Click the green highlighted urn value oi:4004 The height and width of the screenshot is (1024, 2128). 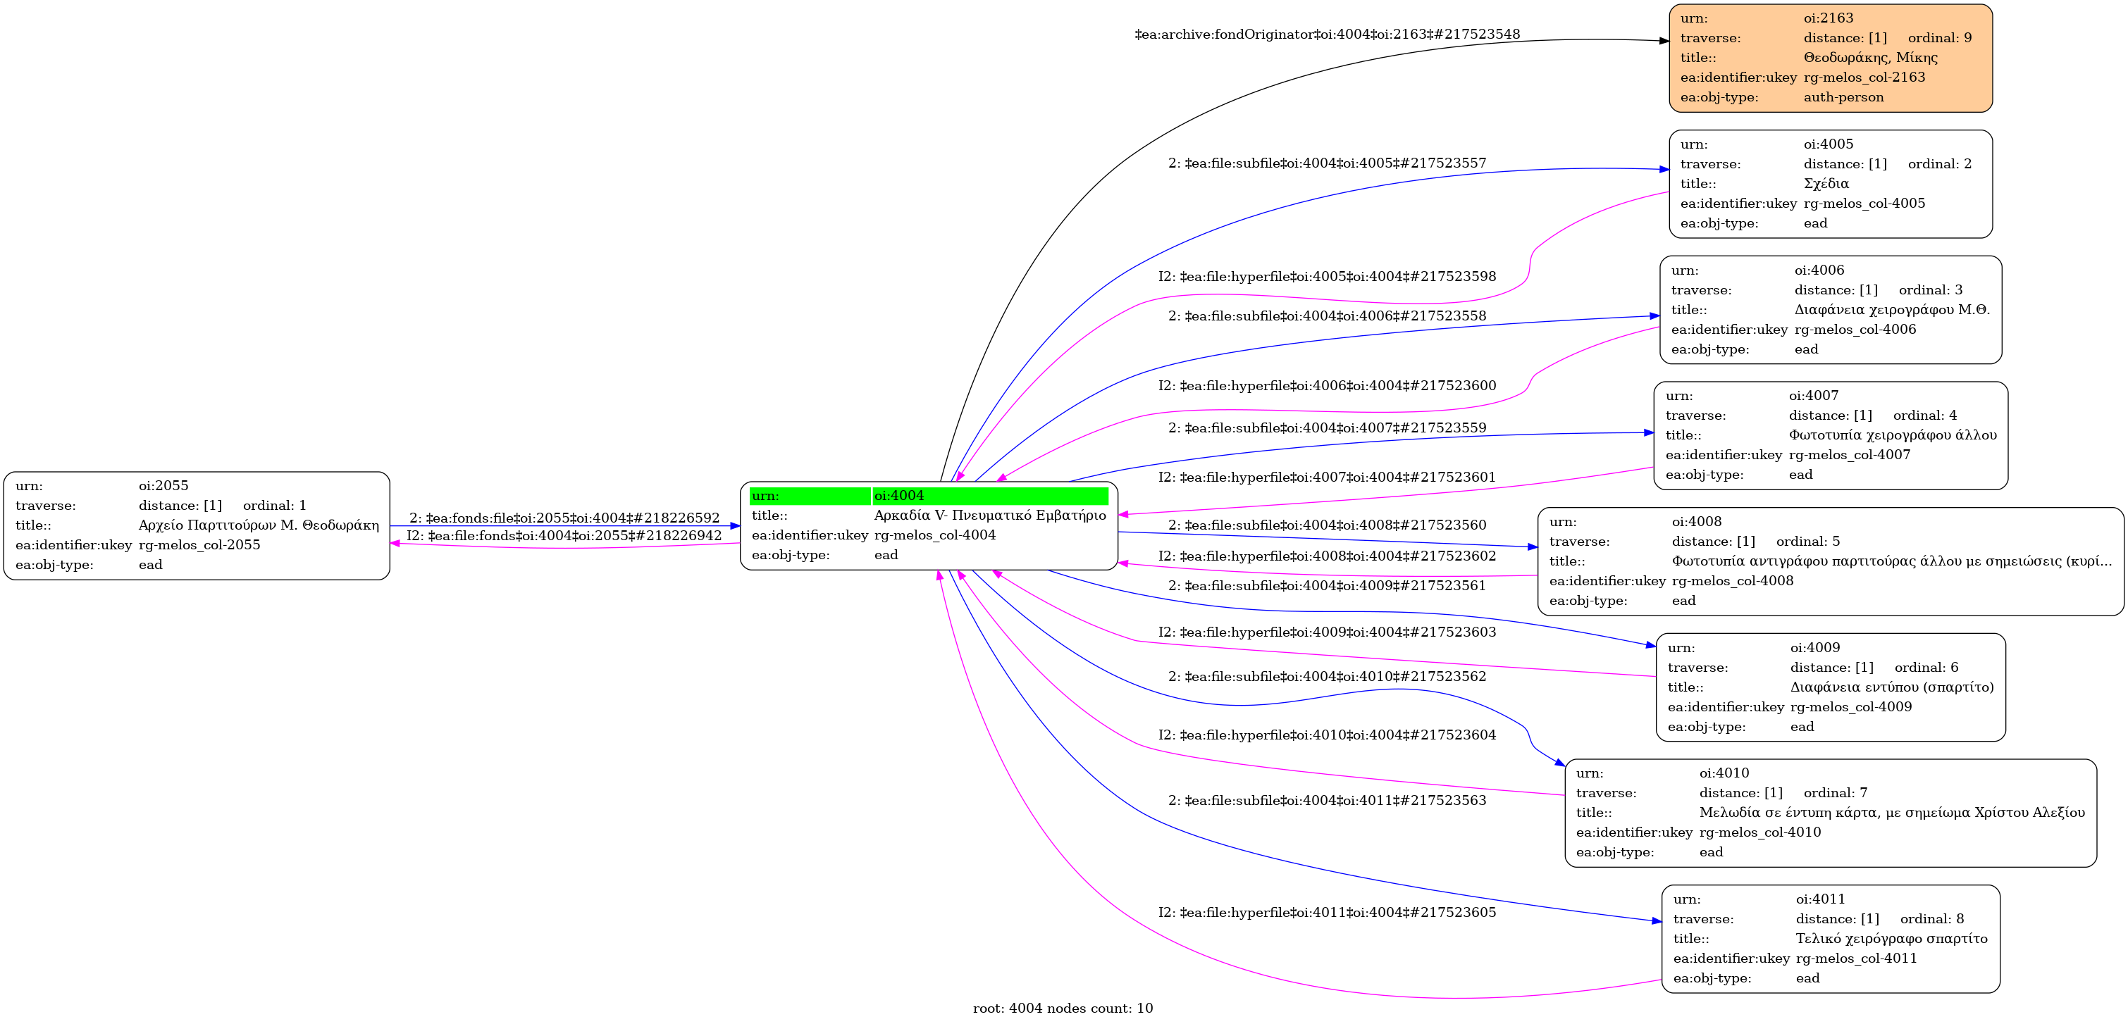[x=899, y=496]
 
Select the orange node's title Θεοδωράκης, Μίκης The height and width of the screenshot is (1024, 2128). [x=1870, y=58]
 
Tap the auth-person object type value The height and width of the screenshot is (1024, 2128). [x=1843, y=97]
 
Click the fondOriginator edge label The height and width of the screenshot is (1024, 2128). [x=1327, y=35]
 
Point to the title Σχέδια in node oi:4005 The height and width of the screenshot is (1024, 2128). [x=1826, y=183]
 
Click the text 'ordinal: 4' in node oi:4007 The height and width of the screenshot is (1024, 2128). [x=1925, y=416]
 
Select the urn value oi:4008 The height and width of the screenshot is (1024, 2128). [x=1697, y=522]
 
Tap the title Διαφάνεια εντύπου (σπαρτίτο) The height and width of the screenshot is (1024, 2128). [x=1892, y=687]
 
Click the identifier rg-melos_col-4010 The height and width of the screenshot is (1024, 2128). [x=1759, y=832]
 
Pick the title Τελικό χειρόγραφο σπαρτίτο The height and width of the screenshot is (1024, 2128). [x=1891, y=939]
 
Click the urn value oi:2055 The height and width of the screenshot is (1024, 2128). [x=163, y=485]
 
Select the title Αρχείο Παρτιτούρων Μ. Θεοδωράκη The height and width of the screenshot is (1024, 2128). [x=259, y=525]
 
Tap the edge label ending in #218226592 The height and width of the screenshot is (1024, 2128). [x=564, y=518]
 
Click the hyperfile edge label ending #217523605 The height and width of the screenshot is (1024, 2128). [x=1327, y=913]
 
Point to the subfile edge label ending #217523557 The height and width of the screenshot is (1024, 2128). [x=1327, y=163]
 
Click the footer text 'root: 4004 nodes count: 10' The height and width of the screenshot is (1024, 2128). [x=1063, y=1009]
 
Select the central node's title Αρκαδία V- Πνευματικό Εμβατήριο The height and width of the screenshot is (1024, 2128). [x=989, y=516]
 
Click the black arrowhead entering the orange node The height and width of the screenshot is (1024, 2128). [x=1663, y=40]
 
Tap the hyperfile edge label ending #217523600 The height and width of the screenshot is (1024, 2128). [x=1327, y=386]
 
